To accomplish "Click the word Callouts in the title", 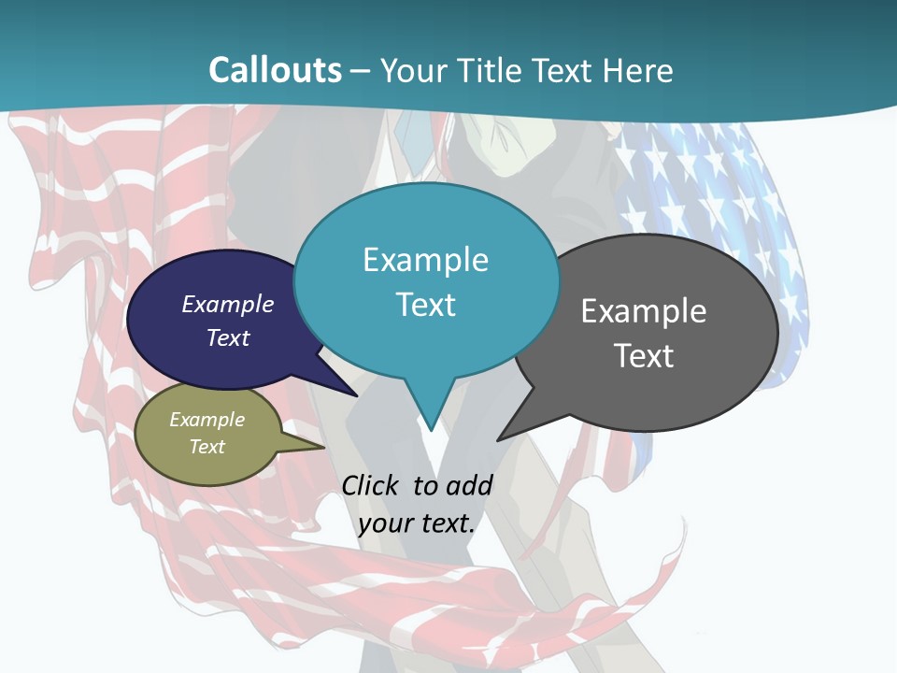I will (275, 70).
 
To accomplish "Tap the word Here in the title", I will (638, 70).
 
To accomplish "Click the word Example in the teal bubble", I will (426, 259).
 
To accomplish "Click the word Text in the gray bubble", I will (644, 355).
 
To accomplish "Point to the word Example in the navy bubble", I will (228, 304).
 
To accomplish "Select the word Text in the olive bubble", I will (207, 447).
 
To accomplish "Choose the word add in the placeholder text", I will (468, 485).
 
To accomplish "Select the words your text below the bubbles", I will (417, 523).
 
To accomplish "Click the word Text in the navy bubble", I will (228, 337).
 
